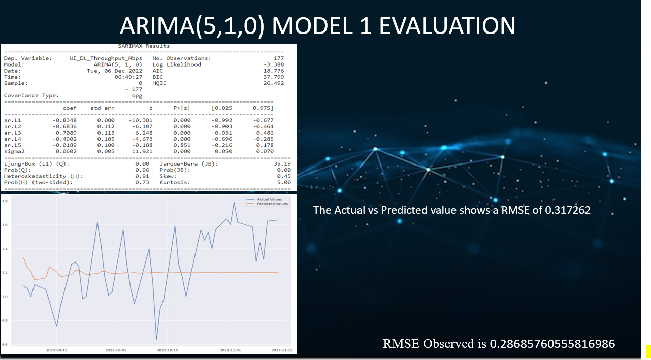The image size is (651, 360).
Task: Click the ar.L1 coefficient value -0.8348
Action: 66,120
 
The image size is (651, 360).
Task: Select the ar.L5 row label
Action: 12,145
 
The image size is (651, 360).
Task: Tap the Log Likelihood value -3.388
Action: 275,64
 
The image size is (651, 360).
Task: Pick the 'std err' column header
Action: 103,108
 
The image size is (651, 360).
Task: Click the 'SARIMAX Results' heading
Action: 144,46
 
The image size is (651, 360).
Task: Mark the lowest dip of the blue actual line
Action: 156,339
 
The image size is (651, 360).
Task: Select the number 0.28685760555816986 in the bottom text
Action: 552,344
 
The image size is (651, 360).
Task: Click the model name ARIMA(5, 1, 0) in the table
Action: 118,64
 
